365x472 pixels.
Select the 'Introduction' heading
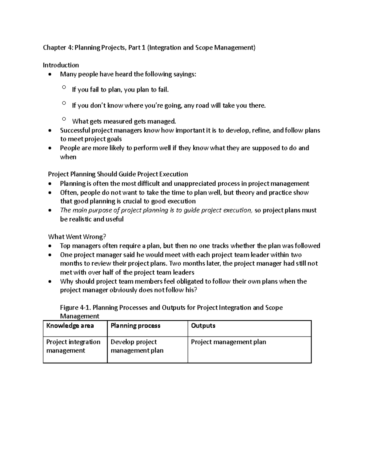pyautogui.click(x=61, y=65)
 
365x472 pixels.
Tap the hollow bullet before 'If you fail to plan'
pyautogui.click(x=64, y=87)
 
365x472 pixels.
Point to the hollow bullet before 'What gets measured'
pyautogui.click(x=64, y=119)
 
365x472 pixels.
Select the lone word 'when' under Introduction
pyautogui.click(x=68, y=157)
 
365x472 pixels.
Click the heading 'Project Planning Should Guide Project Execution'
pyautogui.click(x=118, y=174)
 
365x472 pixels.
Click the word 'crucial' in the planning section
pyautogui.click(x=132, y=201)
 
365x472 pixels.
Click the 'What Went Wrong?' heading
pyautogui.click(x=77, y=237)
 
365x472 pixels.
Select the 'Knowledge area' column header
pyautogui.click(x=70, y=326)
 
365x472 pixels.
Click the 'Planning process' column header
pyautogui.click(x=135, y=326)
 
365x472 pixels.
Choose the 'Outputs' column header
pyautogui.click(x=203, y=326)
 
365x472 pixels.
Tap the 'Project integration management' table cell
pyautogui.click(x=73, y=346)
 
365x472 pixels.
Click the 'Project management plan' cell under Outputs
pyautogui.click(x=228, y=342)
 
